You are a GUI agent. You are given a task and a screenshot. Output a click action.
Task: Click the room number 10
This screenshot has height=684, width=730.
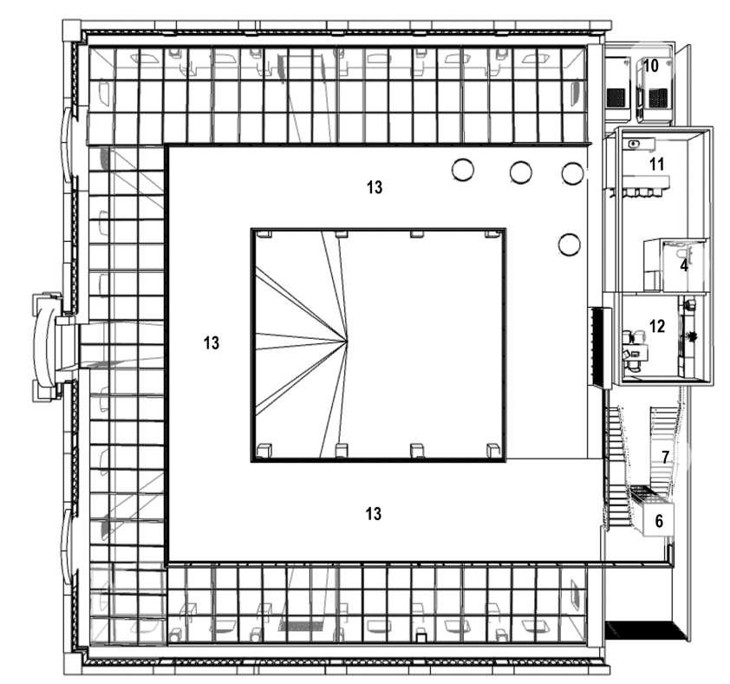pos(651,66)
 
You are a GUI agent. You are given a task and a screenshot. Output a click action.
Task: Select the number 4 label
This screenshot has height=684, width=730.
pos(683,265)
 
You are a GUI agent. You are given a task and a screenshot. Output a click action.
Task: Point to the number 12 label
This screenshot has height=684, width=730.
pos(656,327)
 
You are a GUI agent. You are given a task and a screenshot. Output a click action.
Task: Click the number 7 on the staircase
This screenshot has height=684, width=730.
pos(665,457)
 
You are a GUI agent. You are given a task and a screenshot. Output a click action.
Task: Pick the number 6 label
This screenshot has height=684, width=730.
pos(659,521)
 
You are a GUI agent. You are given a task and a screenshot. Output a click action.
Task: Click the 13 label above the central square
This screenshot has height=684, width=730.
pos(375,186)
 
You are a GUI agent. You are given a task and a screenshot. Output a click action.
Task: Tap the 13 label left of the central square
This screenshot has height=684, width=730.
pos(211,342)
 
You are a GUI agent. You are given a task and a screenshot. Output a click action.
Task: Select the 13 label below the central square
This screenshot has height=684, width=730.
pos(373,514)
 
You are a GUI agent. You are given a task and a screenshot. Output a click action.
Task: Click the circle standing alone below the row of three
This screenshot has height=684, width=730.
pos(569,244)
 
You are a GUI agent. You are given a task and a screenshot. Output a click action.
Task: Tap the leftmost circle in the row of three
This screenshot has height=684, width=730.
pos(464,170)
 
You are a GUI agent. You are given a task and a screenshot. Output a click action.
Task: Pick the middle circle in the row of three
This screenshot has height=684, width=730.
pos(520,172)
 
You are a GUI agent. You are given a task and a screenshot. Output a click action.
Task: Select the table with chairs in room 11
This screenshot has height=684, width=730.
pos(645,185)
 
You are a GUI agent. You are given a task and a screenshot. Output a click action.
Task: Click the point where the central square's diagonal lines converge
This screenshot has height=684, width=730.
pos(347,340)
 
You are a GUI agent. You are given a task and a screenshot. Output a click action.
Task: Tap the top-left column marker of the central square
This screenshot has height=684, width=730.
pos(264,234)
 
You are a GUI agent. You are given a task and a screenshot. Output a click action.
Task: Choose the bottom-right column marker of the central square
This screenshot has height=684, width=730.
pos(492,449)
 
